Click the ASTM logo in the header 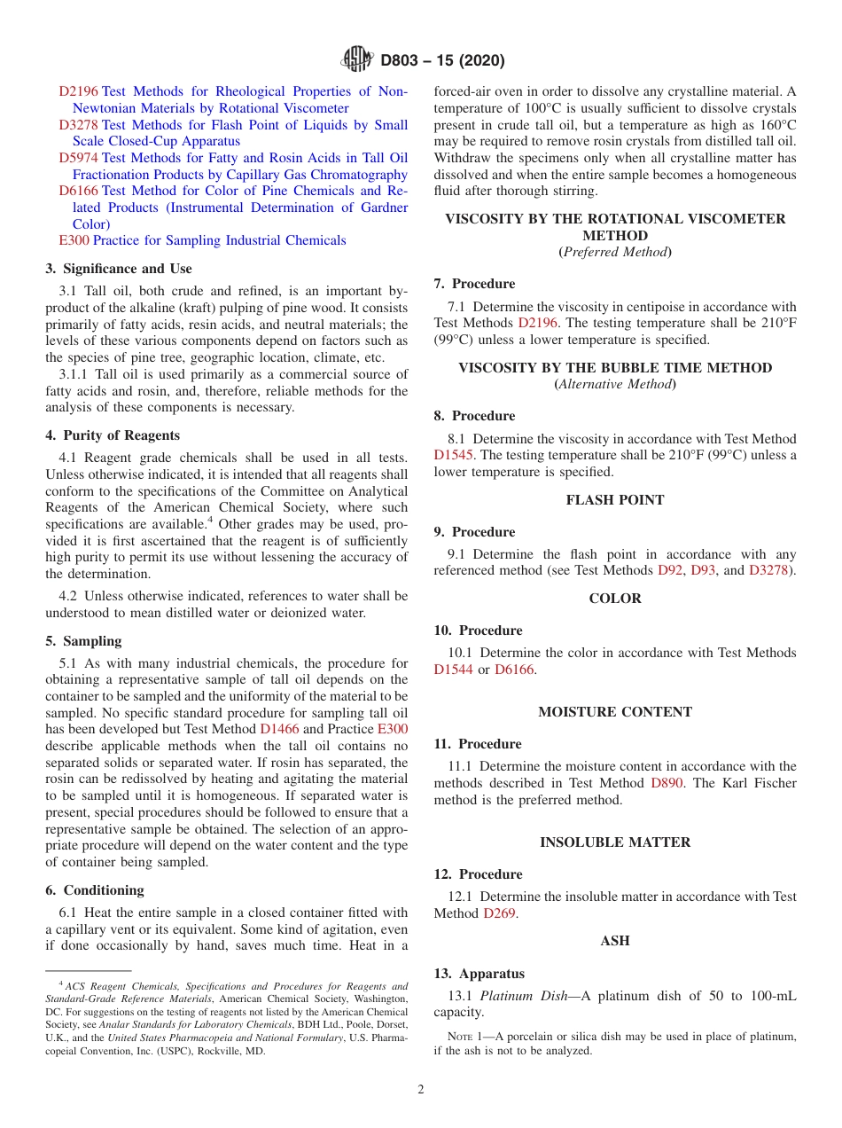[x=357, y=60]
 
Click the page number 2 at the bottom [x=421, y=1090]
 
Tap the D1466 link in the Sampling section [x=279, y=729]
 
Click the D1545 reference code [x=454, y=455]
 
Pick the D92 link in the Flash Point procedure [x=670, y=570]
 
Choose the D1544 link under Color [x=454, y=670]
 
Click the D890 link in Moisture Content [x=667, y=783]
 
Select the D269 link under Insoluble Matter [x=499, y=913]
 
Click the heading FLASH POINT [x=615, y=500]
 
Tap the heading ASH [x=615, y=941]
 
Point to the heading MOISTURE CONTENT [x=615, y=712]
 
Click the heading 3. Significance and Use [x=119, y=269]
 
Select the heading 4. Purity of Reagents [x=113, y=435]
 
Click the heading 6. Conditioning [x=95, y=890]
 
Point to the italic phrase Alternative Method [x=615, y=384]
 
